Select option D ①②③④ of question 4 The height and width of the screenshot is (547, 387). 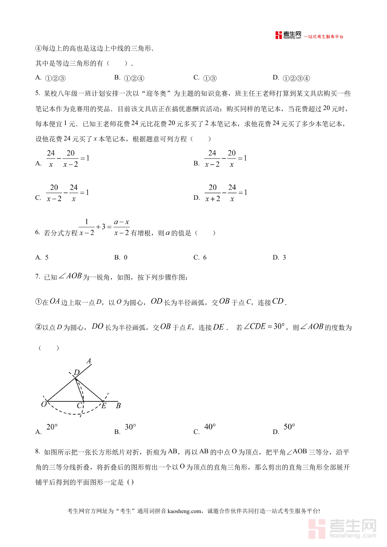click(x=292, y=78)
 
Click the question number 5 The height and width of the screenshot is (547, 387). click(x=37, y=93)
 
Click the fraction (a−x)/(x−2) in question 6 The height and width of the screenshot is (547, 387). click(x=121, y=227)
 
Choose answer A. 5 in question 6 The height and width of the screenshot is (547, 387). click(x=42, y=257)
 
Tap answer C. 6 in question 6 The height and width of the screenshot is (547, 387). click(x=200, y=257)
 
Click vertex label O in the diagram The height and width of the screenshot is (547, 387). click(x=43, y=404)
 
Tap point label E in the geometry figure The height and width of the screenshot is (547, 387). click(x=103, y=405)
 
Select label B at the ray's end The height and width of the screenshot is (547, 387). click(x=118, y=405)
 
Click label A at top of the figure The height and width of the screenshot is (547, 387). click(x=89, y=361)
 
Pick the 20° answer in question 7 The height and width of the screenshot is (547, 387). click(x=51, y=428)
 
